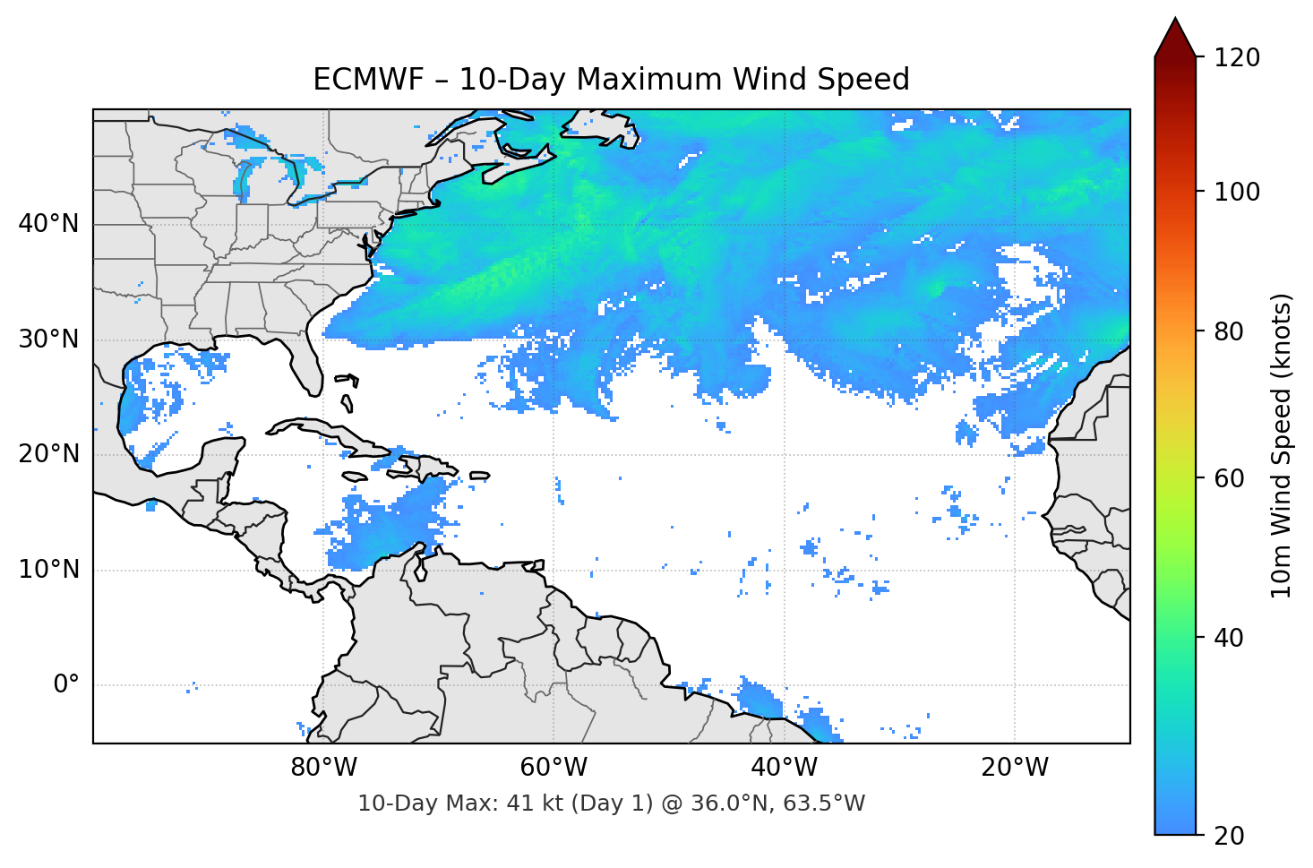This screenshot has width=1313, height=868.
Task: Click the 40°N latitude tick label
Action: coord(48,224)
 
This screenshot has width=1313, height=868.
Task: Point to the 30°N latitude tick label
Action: coord(48,339)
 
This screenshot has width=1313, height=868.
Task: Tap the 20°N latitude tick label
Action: coord(48,454)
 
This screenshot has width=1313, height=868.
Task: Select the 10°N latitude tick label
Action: coord(48,570)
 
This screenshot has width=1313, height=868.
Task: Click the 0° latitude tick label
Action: coord(66,685)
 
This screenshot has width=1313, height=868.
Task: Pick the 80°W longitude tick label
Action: coord(323,768)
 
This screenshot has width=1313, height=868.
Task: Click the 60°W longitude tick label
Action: coord(554,768)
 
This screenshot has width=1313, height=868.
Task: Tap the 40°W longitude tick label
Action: coord(784,768)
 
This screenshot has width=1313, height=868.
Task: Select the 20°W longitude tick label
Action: coord(1014,768)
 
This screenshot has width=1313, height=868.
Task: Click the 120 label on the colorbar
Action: coord(1236,58)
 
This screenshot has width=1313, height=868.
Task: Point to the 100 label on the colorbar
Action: coord(1236,192)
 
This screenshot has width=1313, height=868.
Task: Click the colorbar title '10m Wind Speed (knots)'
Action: coord(1282,445)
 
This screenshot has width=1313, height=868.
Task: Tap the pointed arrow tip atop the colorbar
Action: coord(1175,21)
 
